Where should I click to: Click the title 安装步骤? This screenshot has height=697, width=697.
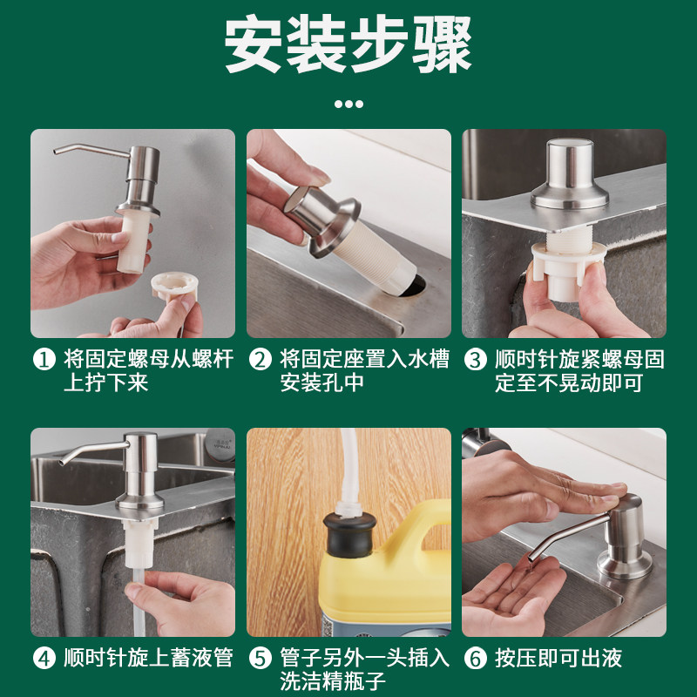tap(348, 44)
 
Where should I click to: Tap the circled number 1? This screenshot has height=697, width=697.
tap(44, 360)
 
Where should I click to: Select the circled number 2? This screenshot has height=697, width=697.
tap(260, 360)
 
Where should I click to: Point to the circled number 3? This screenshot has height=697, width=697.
tap(476, 360)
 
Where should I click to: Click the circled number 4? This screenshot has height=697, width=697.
tap(44, 659)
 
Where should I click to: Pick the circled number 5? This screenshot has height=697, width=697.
tap(260, 659)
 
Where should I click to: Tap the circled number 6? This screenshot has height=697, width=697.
tap(476, 659)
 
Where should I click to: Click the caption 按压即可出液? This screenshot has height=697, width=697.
tap(558, 659)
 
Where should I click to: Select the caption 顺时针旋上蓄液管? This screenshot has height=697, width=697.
tap(148, 659)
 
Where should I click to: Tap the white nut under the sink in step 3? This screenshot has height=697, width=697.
tap(568, 270)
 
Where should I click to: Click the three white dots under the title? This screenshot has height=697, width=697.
tap(348, 104)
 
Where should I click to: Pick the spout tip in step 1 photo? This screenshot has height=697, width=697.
tap(57, 152)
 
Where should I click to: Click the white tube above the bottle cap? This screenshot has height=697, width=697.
tap(348, 472)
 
